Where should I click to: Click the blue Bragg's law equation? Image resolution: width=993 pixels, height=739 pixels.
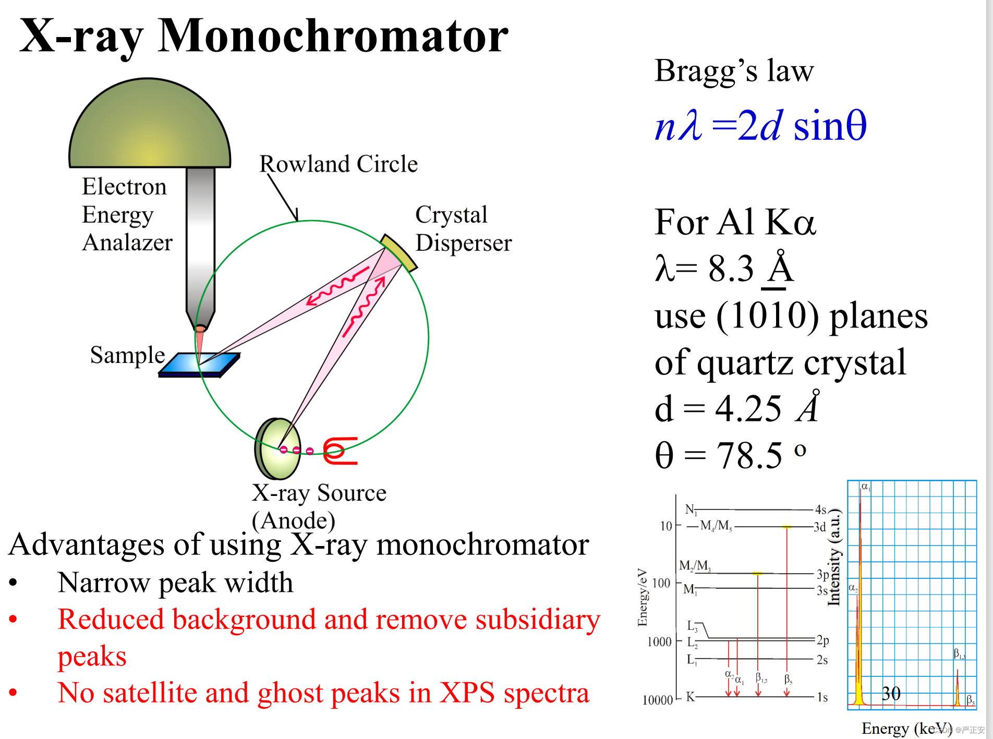760,126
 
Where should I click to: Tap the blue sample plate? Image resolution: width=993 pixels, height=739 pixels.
199,365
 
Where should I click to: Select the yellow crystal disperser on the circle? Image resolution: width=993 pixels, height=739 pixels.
398,253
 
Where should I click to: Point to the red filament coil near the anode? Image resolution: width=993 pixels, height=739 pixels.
339,451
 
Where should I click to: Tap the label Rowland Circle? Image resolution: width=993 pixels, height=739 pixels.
338,164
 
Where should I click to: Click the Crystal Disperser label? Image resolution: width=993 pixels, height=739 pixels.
463,229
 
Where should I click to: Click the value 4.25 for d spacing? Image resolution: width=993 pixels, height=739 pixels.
748,408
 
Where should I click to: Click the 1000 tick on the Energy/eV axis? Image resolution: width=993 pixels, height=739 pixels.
659,641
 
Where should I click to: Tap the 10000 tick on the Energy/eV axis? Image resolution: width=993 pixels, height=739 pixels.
657,700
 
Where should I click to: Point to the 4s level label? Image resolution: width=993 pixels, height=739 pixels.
820,509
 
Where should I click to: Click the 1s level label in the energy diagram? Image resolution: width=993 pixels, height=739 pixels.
822,697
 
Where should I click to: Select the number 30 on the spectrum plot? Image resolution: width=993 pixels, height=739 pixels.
891,693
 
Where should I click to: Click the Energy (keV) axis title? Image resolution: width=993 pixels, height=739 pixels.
906,728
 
